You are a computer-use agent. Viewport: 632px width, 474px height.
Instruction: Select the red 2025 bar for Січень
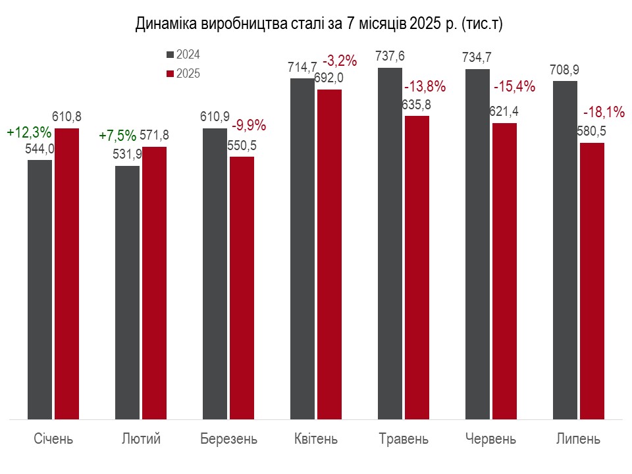pyautogui.click(x=66, y=273)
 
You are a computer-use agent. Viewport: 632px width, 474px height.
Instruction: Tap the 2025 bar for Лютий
pyautogui.click(x=155, y=282)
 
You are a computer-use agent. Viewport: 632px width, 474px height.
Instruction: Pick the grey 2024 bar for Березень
pyautogui.click(x=215, y=273)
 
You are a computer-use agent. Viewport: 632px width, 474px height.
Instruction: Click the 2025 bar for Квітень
pyautogui.click(x=329, y=253)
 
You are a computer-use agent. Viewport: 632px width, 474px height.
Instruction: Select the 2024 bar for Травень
pyautogui.click(x=390, y=243)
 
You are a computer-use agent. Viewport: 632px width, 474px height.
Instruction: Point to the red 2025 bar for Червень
pyautogui.click(x=504, y=271)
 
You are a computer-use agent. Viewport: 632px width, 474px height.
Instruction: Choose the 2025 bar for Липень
pyautogui.click(x=592, y=280)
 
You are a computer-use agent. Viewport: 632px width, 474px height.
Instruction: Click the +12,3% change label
pyautogui.click(x=29, y=132)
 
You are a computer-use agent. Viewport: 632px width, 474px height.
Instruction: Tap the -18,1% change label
pyautogui.click(x=604, y=113)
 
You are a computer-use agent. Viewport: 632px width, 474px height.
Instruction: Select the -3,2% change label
pyautogui.click(x=340, y=61)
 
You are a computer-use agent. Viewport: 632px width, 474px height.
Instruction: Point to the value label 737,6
pyautogui.click(x=390, y=57)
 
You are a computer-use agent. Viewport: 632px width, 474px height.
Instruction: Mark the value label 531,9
pyautogui.click(x=127, y=155)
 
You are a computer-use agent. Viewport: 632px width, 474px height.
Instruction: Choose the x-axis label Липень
pyautogui.click(x=578, y=438)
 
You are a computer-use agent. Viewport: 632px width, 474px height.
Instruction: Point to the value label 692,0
pyautogui.click(x=329, y=77)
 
